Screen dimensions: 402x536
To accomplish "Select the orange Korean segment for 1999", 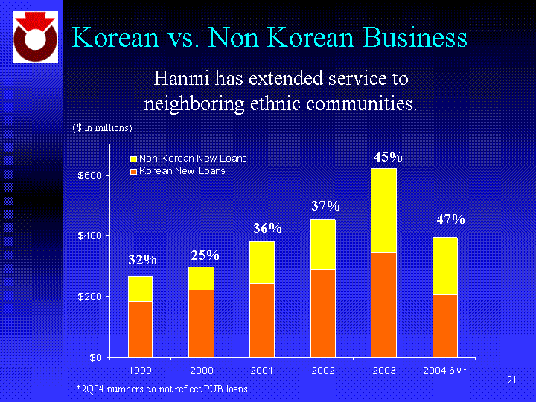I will pos(141,329).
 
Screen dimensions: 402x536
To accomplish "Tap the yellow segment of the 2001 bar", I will pos(262,262).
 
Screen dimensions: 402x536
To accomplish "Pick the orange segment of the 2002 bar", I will pos(323,313).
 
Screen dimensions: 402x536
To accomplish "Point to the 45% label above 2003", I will pos(388,157).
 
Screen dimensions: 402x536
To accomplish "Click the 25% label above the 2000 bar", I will pos(204,255).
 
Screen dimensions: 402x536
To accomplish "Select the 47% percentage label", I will pos(450,220).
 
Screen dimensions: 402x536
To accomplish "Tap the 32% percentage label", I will pos(142,260).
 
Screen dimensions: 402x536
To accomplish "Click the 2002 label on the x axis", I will pos(323,370).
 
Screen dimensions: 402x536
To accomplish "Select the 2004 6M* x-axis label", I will pos(444,370).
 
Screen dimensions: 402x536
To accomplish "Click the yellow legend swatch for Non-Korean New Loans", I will pos(134,159).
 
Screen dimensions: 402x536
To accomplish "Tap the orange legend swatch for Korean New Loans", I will pos(134,171).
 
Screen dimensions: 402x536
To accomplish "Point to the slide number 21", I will pos(511,380).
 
